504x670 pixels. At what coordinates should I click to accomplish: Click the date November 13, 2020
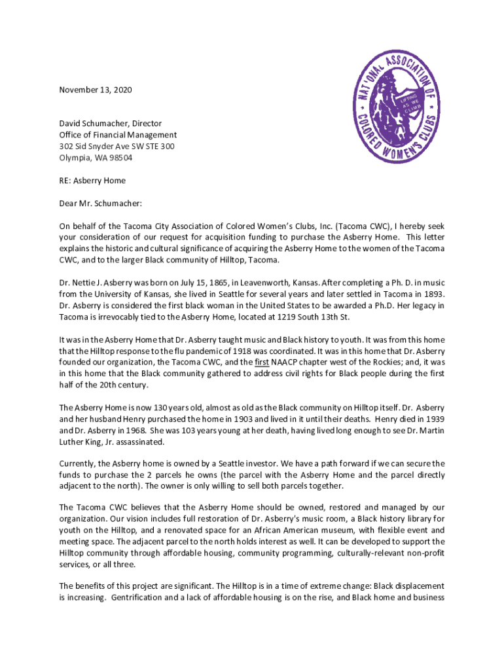(96, 90)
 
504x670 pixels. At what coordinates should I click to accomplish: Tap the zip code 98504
(118, 158)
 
